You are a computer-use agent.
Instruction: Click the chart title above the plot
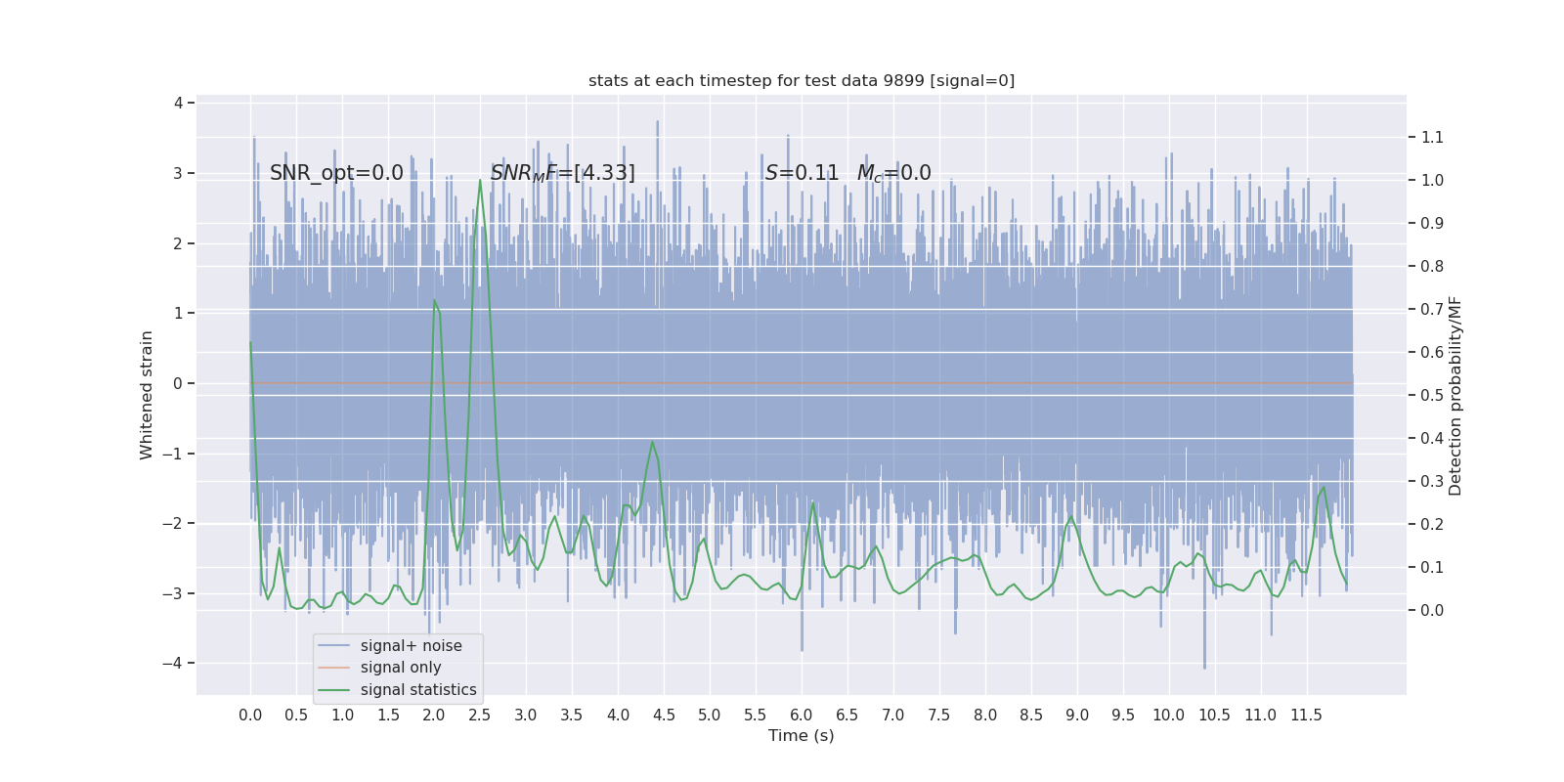801,81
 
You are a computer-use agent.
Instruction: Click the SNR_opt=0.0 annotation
336,173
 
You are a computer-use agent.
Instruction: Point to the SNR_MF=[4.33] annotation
562,173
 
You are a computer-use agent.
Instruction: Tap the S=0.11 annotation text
802,173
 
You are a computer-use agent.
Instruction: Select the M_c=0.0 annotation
893,173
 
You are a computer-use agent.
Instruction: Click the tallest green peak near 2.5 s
480,181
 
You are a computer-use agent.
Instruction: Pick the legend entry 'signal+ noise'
411,646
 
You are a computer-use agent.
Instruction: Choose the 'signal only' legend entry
400,668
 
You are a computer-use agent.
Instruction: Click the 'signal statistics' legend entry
417,690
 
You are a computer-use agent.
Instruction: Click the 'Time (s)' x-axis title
801,735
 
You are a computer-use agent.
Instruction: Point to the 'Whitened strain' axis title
147,395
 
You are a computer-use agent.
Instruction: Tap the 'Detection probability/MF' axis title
1455,395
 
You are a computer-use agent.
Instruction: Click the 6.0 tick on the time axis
802,715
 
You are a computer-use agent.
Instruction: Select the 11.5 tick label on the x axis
1306,715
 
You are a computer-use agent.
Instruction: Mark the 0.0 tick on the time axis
250,715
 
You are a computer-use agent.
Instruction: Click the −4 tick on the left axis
177,664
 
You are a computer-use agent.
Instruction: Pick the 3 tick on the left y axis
178,173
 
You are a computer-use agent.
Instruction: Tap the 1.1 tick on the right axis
1432,137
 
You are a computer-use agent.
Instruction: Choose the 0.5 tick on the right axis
1432,395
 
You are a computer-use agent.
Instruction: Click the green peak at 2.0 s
434,300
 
